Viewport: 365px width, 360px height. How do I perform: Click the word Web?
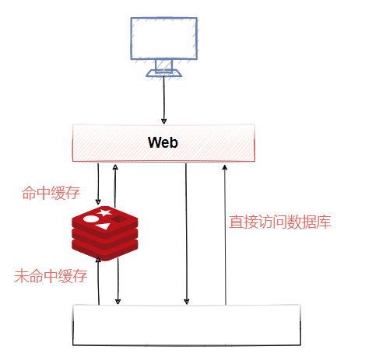163,143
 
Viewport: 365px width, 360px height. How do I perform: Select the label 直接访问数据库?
280,222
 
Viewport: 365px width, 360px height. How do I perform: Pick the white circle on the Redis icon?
91,220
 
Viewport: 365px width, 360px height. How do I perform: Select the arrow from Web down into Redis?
98,183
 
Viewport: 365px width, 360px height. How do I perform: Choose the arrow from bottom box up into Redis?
99,280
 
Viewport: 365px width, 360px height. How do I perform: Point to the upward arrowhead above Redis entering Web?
115,166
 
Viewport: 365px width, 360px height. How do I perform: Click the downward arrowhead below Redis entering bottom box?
118,302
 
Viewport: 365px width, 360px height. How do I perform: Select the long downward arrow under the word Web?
186,233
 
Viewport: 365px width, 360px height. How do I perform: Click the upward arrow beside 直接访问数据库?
224,233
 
